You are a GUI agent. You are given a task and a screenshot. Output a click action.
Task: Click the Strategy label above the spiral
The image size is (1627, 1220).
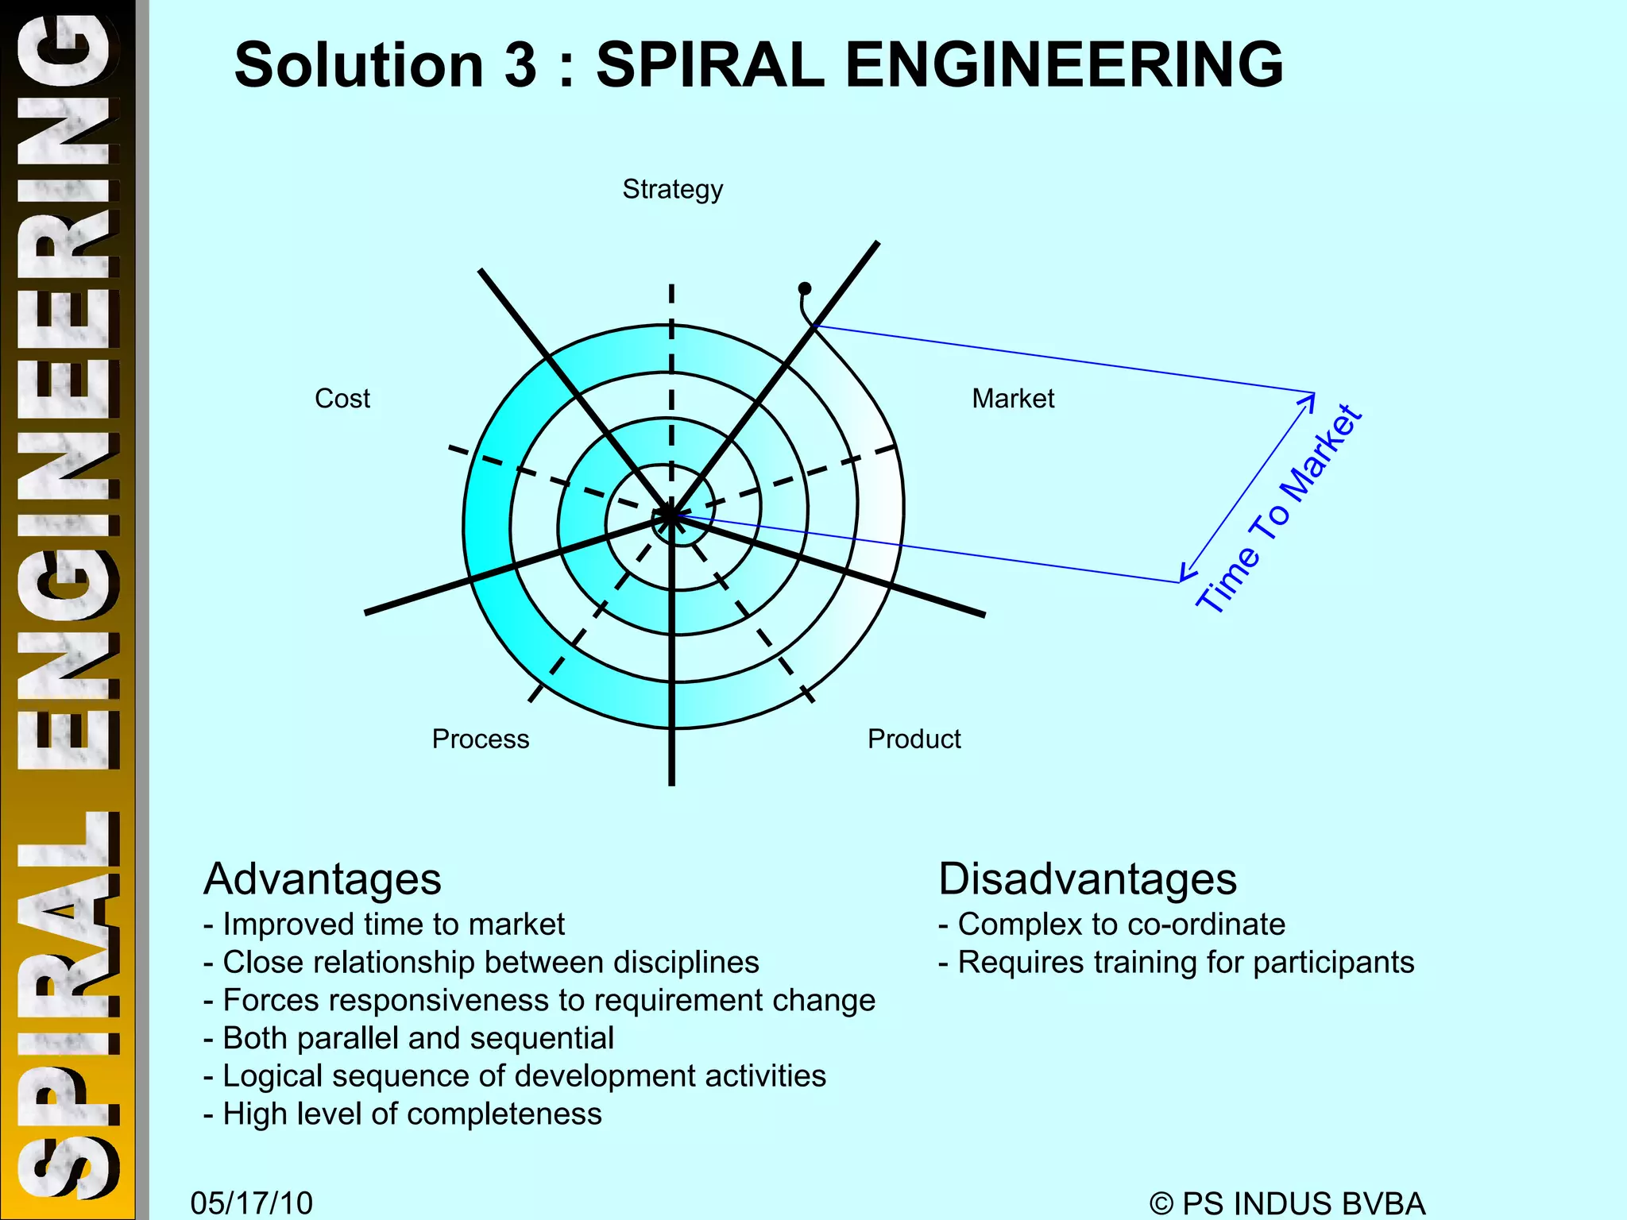click(672, 190)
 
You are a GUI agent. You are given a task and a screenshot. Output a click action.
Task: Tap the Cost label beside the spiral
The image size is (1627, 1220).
click(342, 398)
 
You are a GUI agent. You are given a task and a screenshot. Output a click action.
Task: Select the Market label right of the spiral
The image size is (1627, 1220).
click(1013, 398)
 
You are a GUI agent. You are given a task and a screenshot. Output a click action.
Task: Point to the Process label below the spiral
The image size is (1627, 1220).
click(480, 739)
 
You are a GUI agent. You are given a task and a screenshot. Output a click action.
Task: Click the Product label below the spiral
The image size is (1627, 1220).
click(914, 739)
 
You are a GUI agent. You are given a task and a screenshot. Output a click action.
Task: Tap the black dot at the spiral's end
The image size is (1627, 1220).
click(805, 288)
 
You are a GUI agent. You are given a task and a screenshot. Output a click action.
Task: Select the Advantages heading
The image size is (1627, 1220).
click(322, 879)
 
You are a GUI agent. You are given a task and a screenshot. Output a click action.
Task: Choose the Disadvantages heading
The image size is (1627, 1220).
click(1088, 879)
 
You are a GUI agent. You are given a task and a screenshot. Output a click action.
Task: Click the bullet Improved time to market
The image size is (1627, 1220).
click(385, 925)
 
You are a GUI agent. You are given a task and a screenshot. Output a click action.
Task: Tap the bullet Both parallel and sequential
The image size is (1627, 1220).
click(409, 1038)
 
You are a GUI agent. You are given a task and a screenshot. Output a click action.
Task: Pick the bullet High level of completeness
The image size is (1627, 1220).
click(403, 1114)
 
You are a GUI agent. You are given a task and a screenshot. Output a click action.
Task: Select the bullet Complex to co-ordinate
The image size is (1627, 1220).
click(1111, 925)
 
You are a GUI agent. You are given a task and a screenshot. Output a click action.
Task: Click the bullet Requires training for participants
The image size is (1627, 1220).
click(1176, 963)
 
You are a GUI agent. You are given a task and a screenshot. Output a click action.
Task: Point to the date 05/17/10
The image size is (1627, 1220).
click(251, 1203)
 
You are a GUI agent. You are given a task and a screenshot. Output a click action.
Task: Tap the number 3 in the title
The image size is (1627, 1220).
click(520, 65)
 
